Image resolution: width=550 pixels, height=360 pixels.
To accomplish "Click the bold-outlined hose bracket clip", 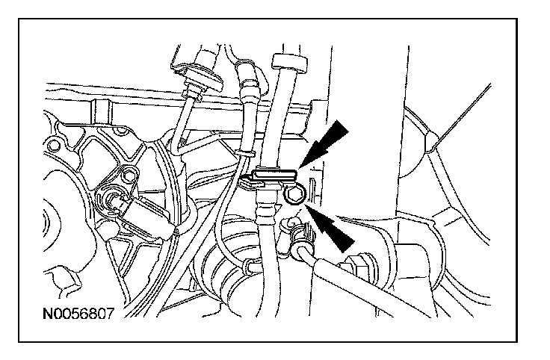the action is [269, 178].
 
